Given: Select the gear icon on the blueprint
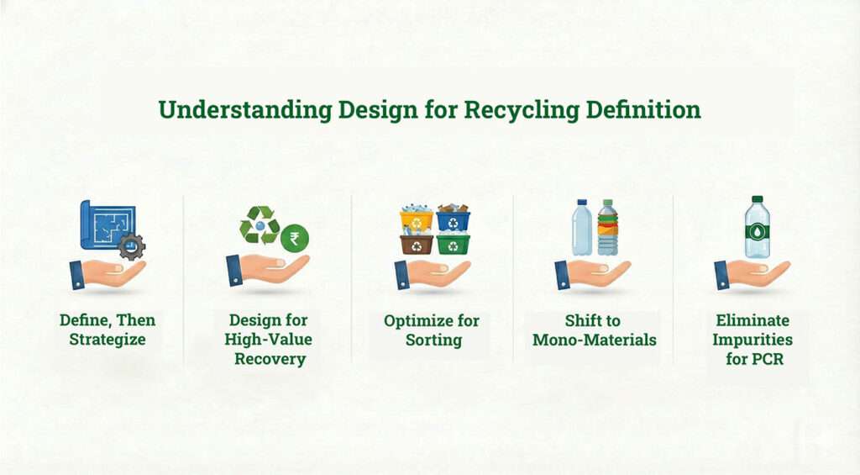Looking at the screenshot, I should (x=131, y=246).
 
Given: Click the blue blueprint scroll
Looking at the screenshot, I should (x=106, y=225).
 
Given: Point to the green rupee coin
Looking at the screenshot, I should (x=294, y=238).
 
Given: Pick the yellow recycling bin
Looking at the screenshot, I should (x=416, y=220).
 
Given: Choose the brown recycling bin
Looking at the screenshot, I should (x=416, y=244).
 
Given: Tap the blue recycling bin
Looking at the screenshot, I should (x=453, y=220).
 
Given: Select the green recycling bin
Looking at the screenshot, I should (x=453, y=244).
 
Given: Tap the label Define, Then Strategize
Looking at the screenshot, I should (x=107, y=330).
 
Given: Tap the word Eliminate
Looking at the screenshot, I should (x=752, y=320).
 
